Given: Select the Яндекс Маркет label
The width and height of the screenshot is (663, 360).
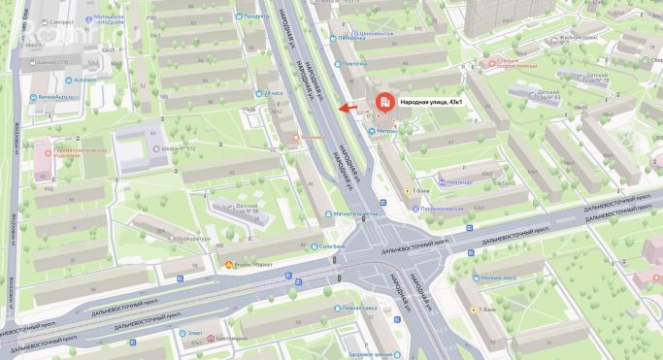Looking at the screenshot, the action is (253, 264).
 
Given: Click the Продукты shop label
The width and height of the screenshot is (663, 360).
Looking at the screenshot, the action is (256, 16).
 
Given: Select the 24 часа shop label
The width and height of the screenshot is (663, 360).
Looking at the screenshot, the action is (276, 94).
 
